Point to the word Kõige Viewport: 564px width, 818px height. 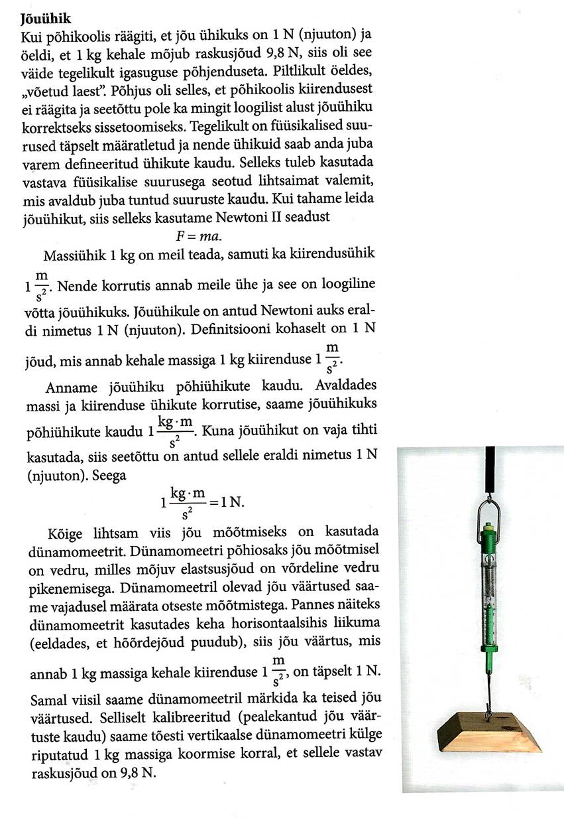[x=66, y=533]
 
